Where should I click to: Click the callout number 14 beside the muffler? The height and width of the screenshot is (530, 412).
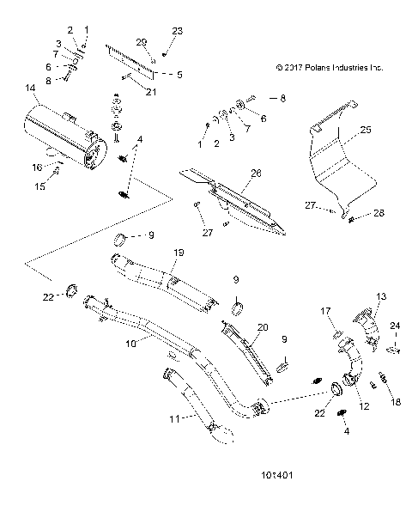tap(32, 88)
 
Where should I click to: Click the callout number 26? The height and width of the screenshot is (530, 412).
tap(255, 173)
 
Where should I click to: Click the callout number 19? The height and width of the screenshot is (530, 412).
tap(179, 252)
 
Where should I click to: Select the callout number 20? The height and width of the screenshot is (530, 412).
tap(263, 327)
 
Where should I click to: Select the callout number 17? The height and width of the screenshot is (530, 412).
tap(326, 311)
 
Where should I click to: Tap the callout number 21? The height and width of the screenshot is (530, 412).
tap(150, 91)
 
